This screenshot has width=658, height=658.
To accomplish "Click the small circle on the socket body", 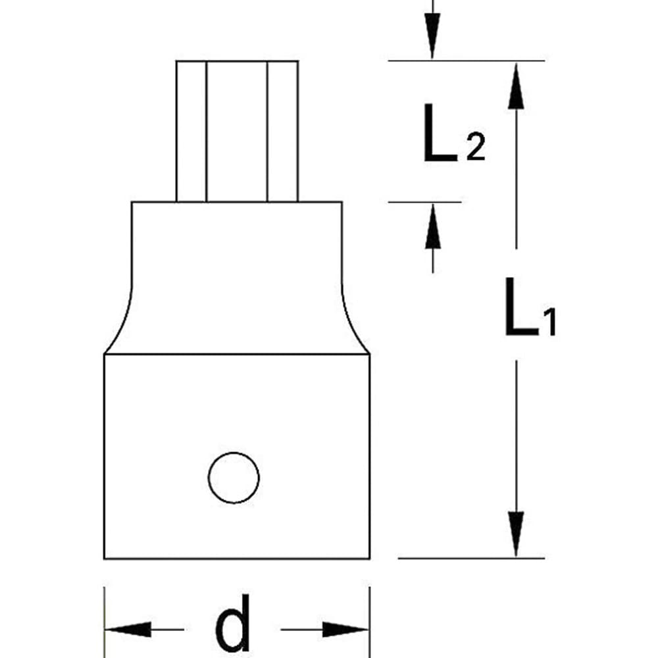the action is coord(234,477).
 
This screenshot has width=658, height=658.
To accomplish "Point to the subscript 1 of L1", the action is coord(549,322).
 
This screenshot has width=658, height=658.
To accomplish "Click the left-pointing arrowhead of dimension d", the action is coord(128,630).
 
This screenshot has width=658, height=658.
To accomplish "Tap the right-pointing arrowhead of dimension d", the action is coord(345,630).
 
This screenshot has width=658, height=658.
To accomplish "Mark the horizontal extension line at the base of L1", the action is coord(471,559).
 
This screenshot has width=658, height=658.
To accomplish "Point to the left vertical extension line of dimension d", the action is coord(105,612).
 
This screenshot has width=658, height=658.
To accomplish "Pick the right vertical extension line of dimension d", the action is coord(369,612).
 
